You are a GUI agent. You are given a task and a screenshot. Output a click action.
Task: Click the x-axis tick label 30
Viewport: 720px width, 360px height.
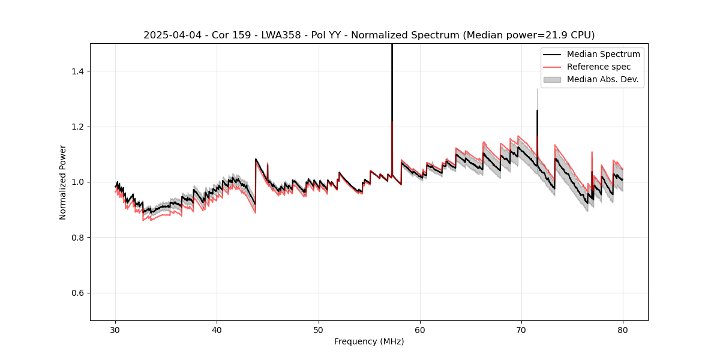pos(116,329)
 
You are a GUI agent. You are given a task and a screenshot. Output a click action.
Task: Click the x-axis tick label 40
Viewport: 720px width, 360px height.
pos(217,329)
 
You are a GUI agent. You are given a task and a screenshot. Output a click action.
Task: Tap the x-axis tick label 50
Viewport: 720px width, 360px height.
pos(319,329)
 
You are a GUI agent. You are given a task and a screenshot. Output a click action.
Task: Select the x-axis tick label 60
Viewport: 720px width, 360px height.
pos(420,329)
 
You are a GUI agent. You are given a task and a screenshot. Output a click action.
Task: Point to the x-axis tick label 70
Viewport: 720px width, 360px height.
pos(521,329)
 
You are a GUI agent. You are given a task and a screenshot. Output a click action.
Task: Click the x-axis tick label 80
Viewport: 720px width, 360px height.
pos(623,329)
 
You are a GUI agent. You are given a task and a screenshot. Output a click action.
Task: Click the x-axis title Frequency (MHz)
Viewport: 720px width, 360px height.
pos(369,341)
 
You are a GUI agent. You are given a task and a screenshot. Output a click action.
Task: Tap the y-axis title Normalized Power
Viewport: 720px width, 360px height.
pos(63,182)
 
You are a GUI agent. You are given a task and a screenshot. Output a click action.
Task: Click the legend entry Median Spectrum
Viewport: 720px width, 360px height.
pos(603,55)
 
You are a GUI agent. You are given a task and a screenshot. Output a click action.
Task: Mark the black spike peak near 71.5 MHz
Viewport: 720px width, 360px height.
pos(537,111)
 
